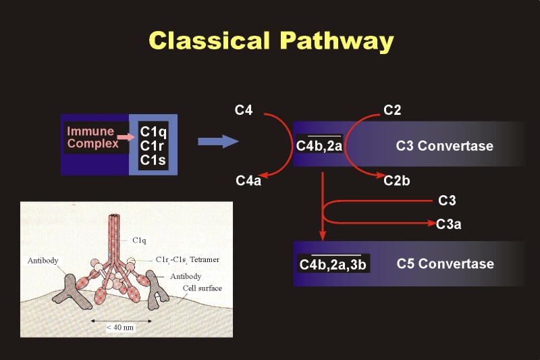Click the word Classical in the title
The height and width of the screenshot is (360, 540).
pos(209,41)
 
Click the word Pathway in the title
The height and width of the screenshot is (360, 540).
pos(337,42)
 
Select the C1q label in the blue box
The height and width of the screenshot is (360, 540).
pos(153,132)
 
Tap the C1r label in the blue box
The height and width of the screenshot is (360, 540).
pos(151,146)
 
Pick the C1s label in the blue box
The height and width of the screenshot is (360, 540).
pos(153,160)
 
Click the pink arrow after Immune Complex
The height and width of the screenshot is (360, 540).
pos(126,137)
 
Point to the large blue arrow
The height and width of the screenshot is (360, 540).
pos(218,141)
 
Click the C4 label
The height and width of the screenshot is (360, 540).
pos(244,110)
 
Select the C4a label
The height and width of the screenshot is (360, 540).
pos(248,180)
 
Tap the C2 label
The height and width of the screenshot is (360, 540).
pos(392,110)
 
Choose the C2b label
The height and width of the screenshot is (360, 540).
pos(397,180)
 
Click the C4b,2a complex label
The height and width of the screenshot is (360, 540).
pos(319,145)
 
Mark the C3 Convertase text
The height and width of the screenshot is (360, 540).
pos(445,146)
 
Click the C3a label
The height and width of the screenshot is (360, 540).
pos(448,224)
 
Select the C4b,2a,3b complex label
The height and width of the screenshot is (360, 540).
pos(333,264)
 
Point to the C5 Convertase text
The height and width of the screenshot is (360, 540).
pos(446,263)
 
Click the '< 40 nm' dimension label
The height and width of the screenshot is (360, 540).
pos(120,328)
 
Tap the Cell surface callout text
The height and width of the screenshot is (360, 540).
pos(202,288)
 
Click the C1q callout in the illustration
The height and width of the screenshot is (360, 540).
pos(139,240)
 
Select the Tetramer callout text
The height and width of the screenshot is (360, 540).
pos(205,259)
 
